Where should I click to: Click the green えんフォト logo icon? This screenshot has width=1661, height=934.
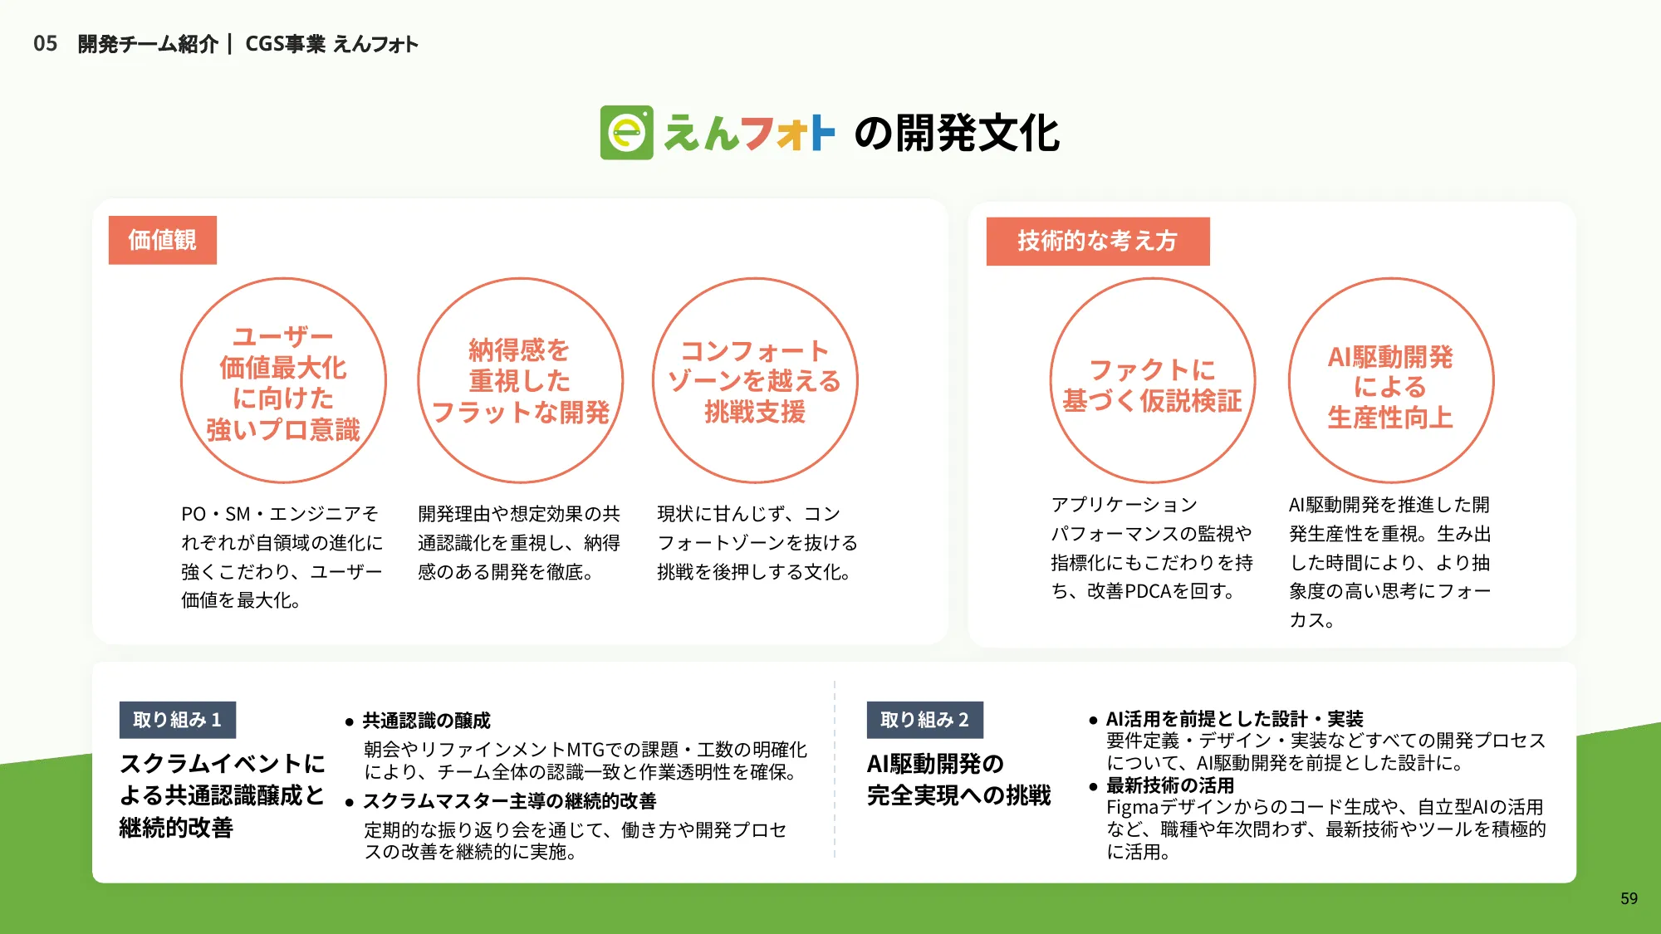click(x=626, y=133)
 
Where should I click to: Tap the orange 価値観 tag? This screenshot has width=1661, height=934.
click(x=163, y=240)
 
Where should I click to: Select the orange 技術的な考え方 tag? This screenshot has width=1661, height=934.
click(x=1097, y=241)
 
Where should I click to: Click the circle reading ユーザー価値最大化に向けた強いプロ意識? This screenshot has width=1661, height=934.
click(x=283, y=381)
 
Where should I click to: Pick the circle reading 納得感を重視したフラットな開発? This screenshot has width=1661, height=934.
click(x=520, y=381)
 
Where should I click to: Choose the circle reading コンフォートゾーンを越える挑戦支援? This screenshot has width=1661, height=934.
click(x=755, y=381)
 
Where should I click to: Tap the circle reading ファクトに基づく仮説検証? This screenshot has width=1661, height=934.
click(x=1152, y=381)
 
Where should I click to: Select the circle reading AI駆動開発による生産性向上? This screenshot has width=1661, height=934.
click(x=1390, y=381)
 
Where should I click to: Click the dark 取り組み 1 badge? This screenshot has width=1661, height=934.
click(x=177, y=720)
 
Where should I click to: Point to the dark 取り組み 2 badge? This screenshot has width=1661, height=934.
click(x=924, y=720)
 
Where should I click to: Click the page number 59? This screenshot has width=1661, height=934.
click(x=1629, y=898)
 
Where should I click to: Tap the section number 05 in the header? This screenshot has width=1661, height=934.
click(x=46, y=44)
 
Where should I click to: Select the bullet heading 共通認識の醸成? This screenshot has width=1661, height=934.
click(x=426, y=721)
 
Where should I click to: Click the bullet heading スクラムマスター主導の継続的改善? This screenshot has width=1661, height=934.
click(x=509, y=801)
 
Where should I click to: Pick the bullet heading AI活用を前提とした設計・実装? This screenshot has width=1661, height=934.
click(x=1234, y=719)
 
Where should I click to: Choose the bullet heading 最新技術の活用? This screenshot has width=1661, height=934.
click(x=1169, y=785)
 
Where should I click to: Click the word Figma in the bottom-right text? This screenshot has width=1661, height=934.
click(x=1132, y=808)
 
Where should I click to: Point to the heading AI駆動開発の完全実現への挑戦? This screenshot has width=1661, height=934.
click(x=958, y=780)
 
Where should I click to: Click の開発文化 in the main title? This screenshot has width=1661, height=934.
click(x=957, y=133)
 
